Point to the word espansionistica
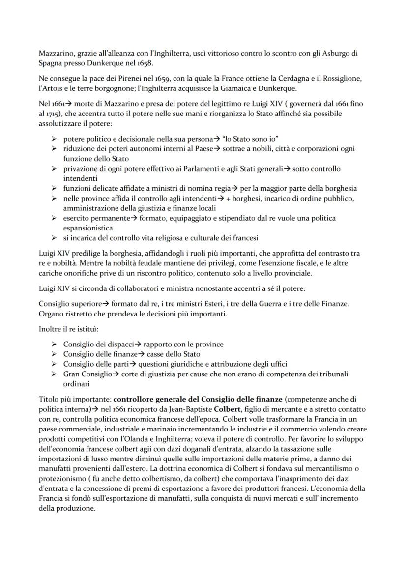point(88,228)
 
